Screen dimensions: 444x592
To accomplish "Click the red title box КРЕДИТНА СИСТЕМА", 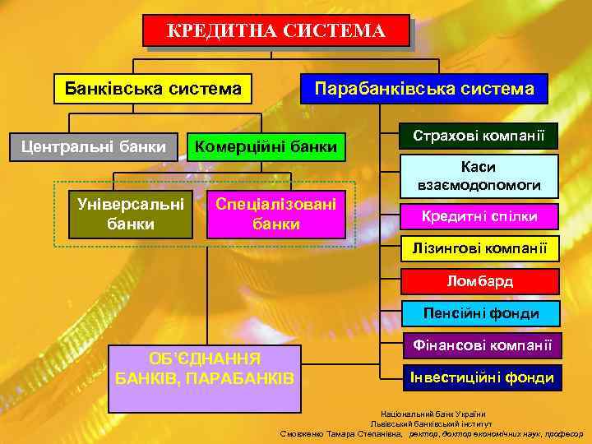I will (275, 31).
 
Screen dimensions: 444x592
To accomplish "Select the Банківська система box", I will (152, 88).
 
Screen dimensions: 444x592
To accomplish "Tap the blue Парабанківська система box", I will (424, 88).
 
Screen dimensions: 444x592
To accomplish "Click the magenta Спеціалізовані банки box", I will (276, 214).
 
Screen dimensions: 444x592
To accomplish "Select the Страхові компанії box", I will (479, 135).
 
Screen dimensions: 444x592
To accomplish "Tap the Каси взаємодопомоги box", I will (479, 176).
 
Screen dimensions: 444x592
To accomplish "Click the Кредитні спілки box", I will (479, 216).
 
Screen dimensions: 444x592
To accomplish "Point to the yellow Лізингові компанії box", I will (479, 248).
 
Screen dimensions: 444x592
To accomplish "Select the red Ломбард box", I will (479, 281).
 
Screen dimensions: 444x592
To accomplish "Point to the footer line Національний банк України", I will (432, 414).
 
